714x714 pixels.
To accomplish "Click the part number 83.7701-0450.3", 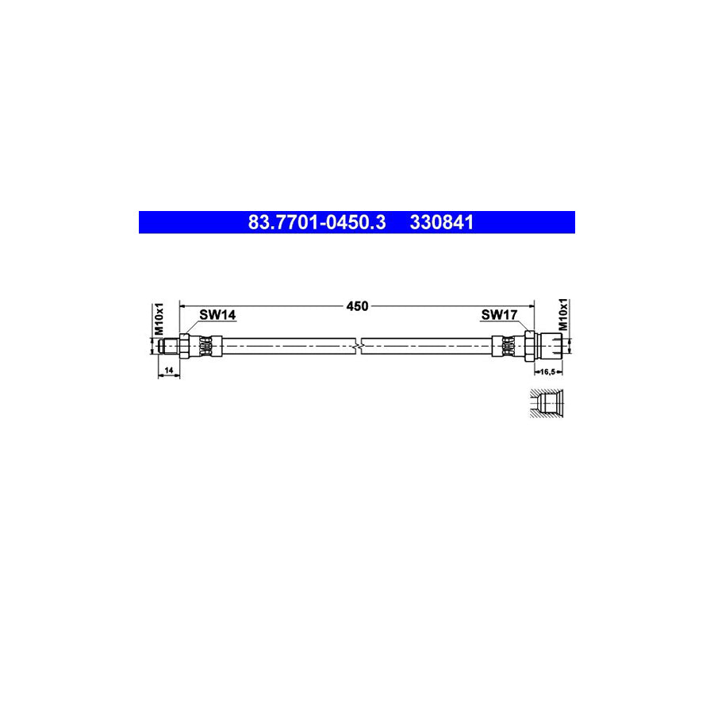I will point(317,223).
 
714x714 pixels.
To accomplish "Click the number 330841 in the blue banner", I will point(442,223).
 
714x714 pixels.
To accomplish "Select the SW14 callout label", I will point(217,315).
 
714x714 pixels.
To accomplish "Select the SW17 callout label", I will point(500,315).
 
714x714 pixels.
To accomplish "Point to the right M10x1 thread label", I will point(564,315).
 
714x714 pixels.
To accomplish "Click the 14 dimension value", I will point(169,370).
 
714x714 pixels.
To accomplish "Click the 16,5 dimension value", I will point(548,370).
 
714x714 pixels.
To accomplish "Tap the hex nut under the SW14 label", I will point(184,346).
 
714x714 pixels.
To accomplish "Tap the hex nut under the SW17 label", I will point(527,346).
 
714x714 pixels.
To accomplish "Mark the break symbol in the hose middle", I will point(361,346).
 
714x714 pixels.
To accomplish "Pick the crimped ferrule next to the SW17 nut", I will point(506,346).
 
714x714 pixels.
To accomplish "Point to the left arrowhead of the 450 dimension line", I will point(184,304).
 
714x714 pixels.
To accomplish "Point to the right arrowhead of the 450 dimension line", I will point(532,304).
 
